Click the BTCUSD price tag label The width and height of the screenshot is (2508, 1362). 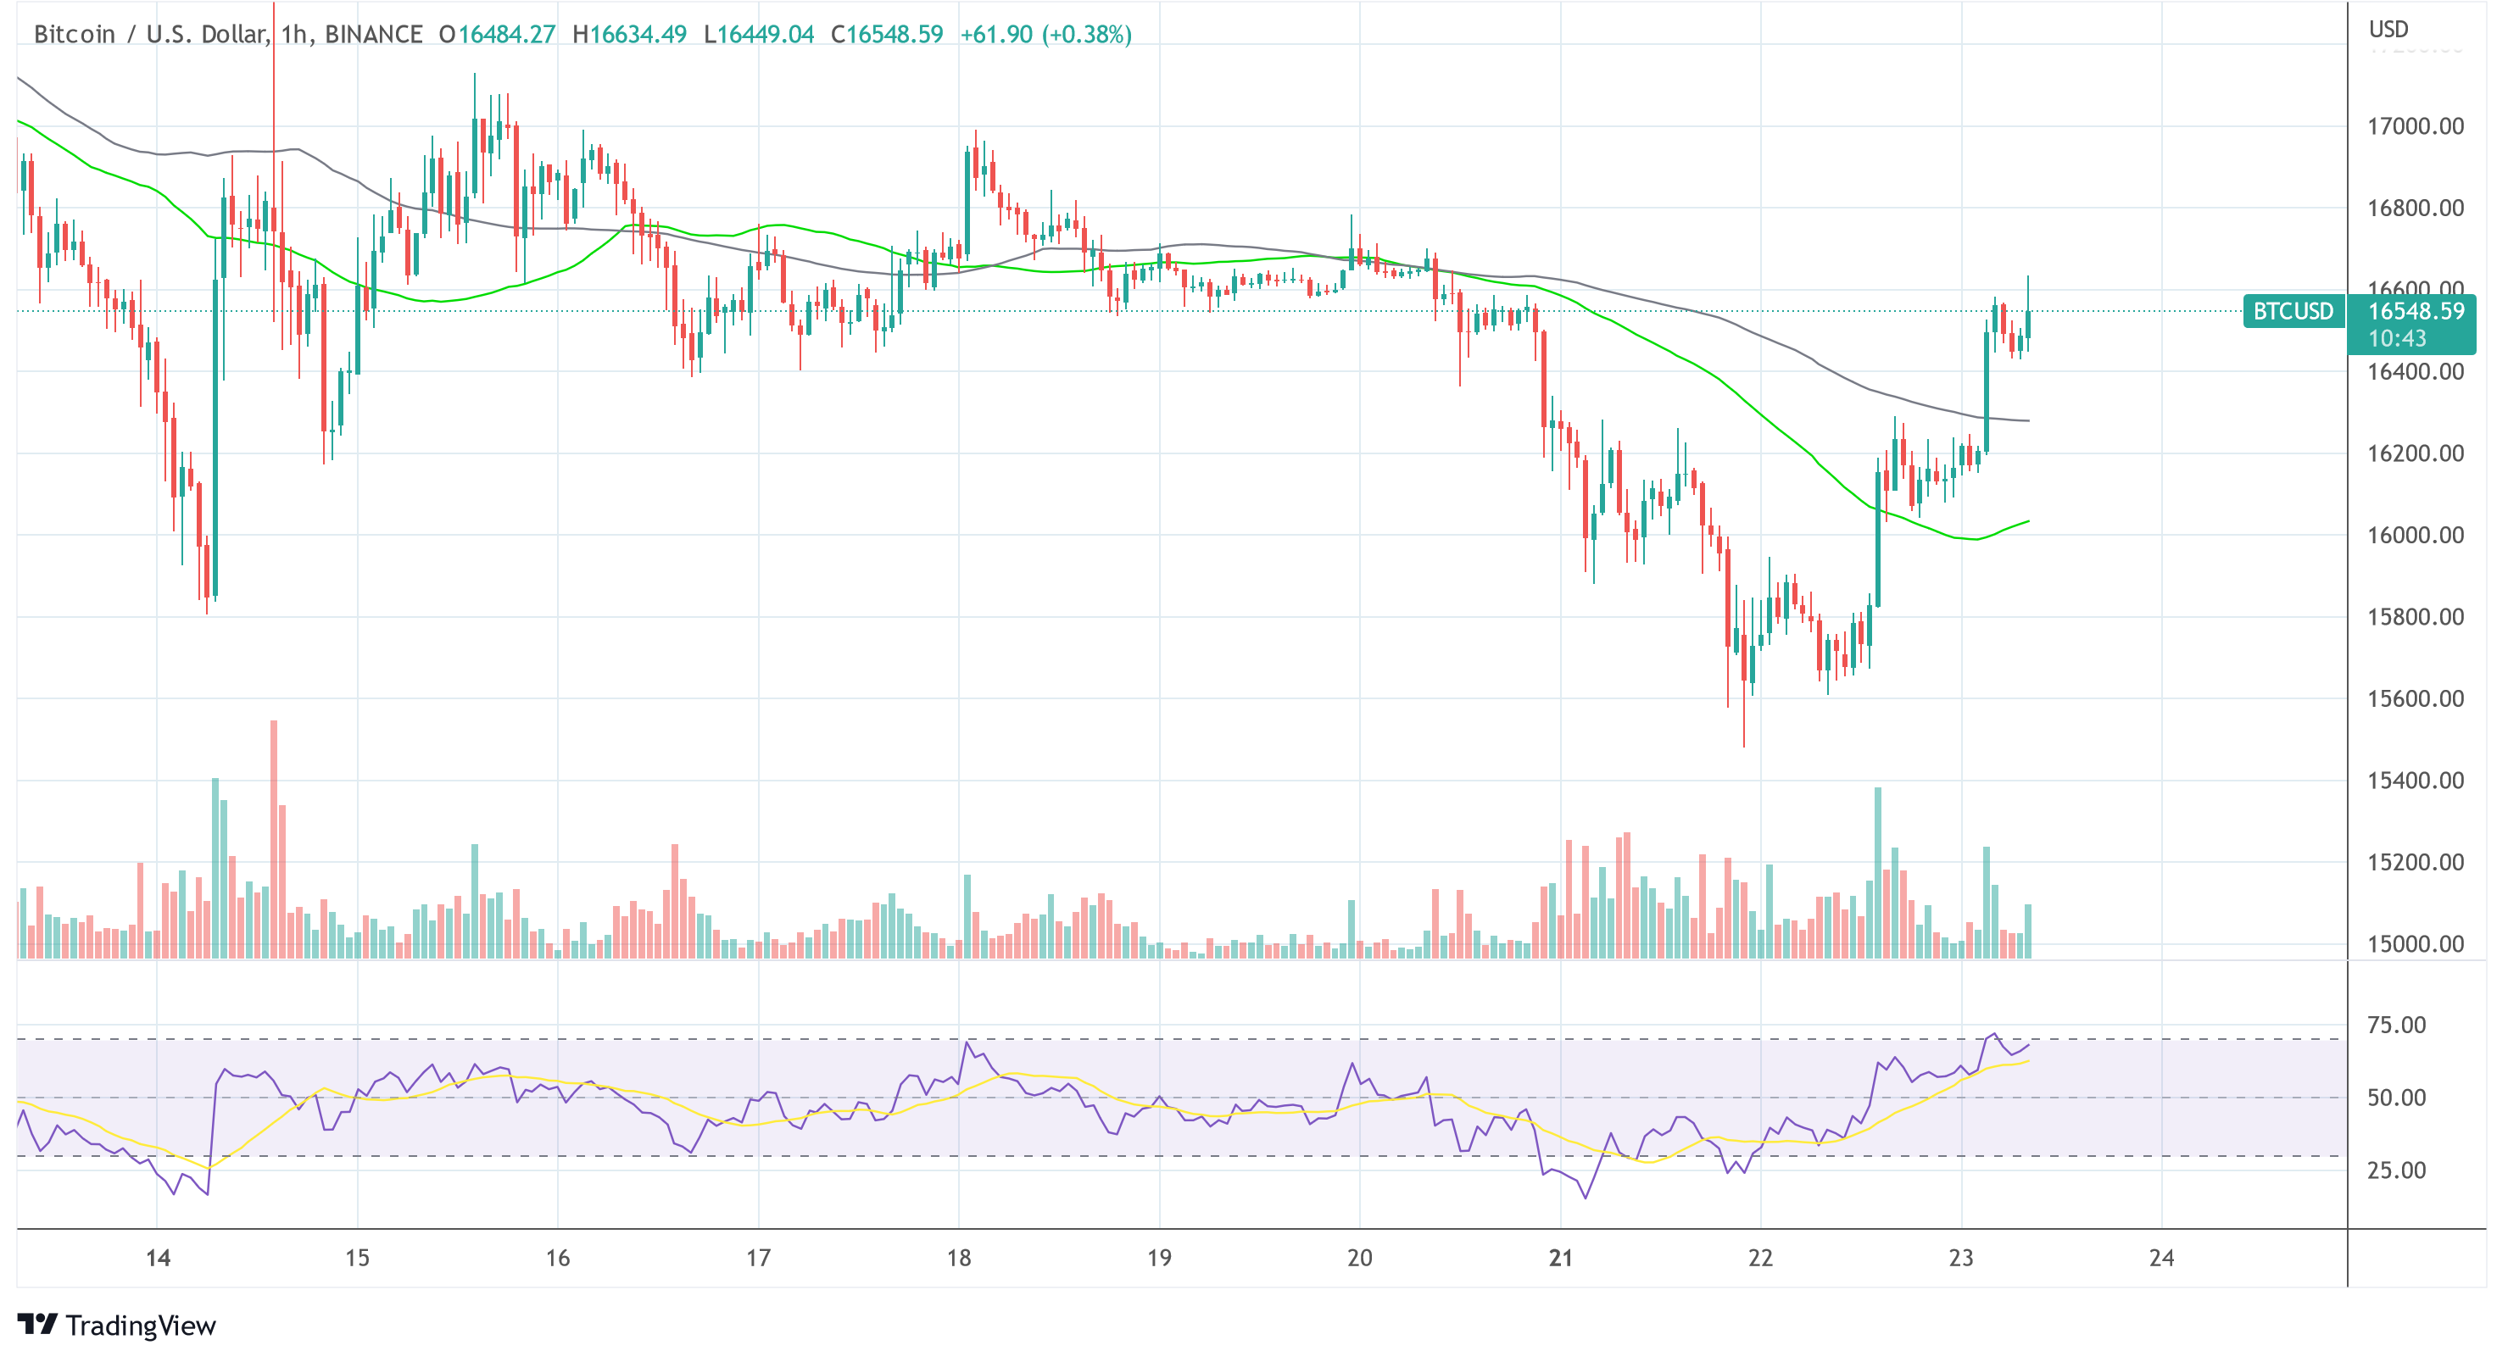tap(2293, 312)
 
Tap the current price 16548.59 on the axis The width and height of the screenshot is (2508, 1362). tap(2415, 312)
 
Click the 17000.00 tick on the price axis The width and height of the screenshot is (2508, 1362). tap(2415, 126)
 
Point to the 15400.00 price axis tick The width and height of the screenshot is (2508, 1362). tap(2415, 781)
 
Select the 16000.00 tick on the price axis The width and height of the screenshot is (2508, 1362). tap(2415, 536)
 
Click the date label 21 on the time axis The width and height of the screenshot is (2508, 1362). tap(1560, 1258)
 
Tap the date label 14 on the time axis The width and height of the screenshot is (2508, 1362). tap(158, 1258)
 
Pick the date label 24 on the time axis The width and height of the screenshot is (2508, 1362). tap(2161, 1258)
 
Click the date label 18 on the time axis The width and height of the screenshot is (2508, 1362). tap(959, 1258)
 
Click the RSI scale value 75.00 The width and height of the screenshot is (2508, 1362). tap(2396, 1026)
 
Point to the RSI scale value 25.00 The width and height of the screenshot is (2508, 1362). tap(2396, 1170)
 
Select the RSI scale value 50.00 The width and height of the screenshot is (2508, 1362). tap(2396, 1098)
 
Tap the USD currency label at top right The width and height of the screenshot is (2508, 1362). tap(2388, 29)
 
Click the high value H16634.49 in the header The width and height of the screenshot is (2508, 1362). tap(629, 35)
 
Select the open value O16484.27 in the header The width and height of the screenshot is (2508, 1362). tap(497, 35)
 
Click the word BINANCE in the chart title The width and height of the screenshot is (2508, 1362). tap(374, 35)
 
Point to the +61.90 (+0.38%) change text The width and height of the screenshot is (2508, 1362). tap(1045, 35)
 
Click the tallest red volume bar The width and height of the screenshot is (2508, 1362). tap(275, 837)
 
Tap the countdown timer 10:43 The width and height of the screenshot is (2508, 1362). tap(2396, 339)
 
